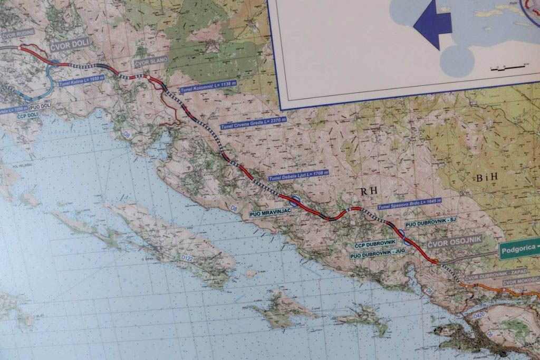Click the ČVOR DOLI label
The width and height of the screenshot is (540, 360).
tap(70, 44)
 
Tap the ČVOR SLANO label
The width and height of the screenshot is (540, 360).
tap(151, 61)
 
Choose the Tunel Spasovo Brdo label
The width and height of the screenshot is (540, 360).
tap(409, 203)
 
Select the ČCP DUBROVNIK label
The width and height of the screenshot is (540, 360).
tap(375, 245)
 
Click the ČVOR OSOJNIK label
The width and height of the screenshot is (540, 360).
tap(447, 241)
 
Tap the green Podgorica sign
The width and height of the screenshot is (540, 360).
tap(520, 251)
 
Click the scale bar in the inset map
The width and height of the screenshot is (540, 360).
tap(508, 67)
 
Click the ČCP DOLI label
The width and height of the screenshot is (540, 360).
tap(27, 114)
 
